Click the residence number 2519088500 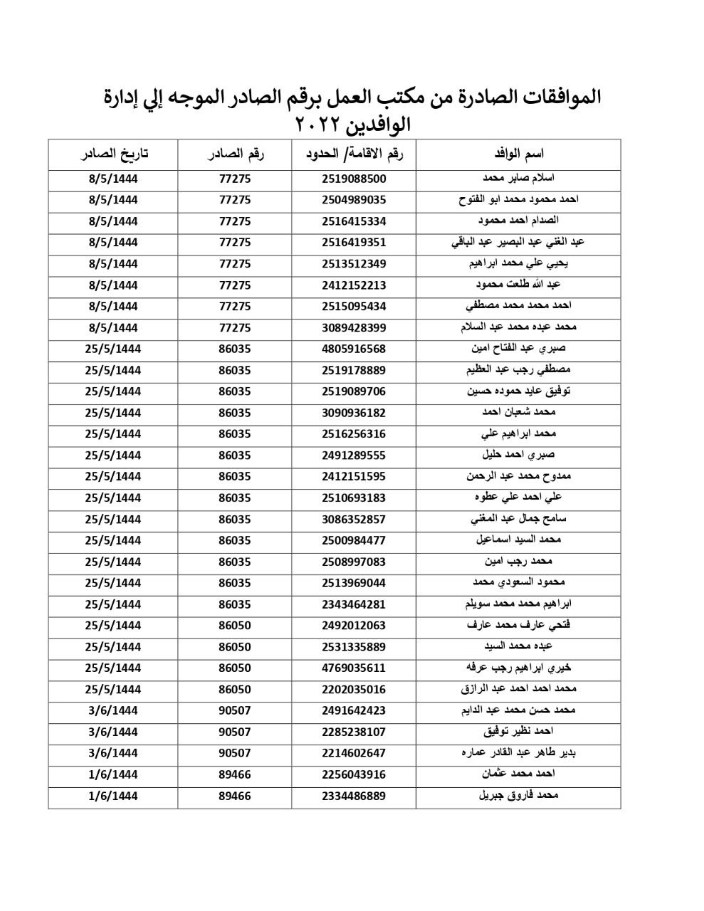coord(354,179)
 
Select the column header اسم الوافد coord(518,154)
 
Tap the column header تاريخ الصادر coord(113,154)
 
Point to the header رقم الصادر coord(235,154)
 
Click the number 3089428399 coord(354,328)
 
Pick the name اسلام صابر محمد coord(518,179)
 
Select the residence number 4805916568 coord(354,349)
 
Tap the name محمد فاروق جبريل coord(518,796)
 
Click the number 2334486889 coord(354,796)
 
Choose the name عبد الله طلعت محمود coord(518,285)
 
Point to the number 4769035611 coord(354,668)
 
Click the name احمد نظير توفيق coord(518,732)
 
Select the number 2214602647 coord(354,754)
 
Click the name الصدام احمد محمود coord(518,221)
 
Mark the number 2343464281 coord(354,605)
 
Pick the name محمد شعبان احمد coord(518,413)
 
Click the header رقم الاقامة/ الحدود coord(354,154)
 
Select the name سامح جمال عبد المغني coord(518,519)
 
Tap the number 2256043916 coord(354,775)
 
